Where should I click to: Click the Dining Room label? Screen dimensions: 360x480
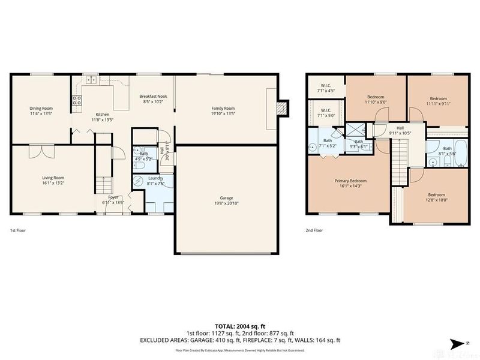pyautogui.click(x=42, y=109)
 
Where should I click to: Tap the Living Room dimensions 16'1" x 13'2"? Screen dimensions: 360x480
pyautogui.click(x=53, y=184)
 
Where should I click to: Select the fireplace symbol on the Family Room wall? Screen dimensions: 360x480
pyautogui.click(x=281, y=108)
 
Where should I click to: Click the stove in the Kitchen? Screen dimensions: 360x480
pyautogui.click(x=77, y=101)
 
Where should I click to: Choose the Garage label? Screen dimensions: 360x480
pyautogui.click(x=226, y=198)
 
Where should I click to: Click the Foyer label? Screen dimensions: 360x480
pyautogui.click(x=113, y=197)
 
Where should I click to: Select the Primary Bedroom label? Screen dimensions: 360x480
pyautogui.click(x=350, y=181)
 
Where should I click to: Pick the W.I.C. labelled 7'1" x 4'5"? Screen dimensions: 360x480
pyautogui.click(x=326, y=85)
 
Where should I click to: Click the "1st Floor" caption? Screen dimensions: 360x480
pyautogui.click(x=17, y=230)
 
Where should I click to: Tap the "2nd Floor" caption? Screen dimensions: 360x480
pyautogui.click(x=314, y=230)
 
